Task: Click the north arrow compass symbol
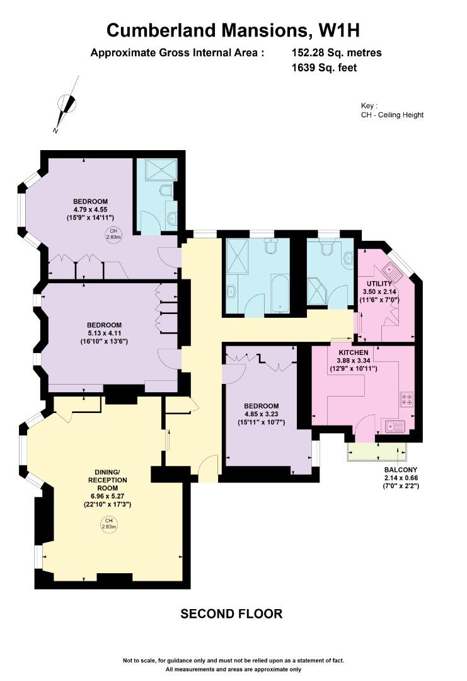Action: [x=66, y=104]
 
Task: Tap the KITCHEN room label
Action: [x=354, y=352]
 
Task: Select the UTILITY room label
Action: [x=379, y=284]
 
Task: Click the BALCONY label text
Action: [x=401, y=470]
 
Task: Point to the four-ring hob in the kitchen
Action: [x=406, y=399]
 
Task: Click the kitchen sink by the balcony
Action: [x=393, y=426]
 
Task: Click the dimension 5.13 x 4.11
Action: [x=104, y=333]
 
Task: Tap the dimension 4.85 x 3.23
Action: [x=262, y=414]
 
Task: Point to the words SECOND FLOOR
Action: [x=231, y=614]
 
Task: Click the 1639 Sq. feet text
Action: [x=324, y=67]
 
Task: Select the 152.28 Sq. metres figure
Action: [x=337, y=53]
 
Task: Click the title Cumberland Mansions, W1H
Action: [x=233, y=30]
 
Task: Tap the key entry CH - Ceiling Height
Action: [x=392, y=115]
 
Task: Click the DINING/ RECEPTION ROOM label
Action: [x=107, y=480]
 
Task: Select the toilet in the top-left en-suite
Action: [x=166, y=191]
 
